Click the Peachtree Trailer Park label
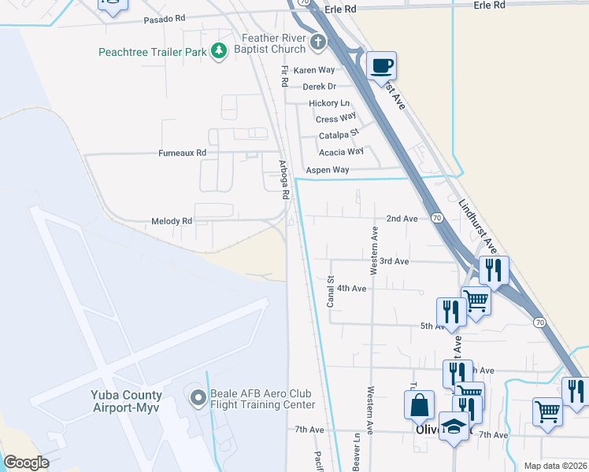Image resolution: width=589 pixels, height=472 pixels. click(x=151, y=53)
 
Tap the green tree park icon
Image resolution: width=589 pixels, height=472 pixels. click(x=219, y=52)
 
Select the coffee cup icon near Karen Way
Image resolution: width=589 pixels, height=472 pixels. click(x=381, y=65)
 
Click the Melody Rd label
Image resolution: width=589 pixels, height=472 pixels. click(x=171, y=222)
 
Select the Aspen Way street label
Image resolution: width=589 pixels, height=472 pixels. click(x=327, y=170)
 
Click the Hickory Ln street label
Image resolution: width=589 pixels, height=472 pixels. click(x=329, y=103)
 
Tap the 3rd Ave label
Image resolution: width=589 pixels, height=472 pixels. click(x=394, y=261)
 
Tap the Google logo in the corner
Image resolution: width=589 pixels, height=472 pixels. click(x=26, y=463)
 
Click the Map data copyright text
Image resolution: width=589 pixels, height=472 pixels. click(x=554, y=466)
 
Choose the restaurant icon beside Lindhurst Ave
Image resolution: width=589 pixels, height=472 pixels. click(x=493, y=270)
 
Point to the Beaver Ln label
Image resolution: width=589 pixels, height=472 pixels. click(x=357, y=454)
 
